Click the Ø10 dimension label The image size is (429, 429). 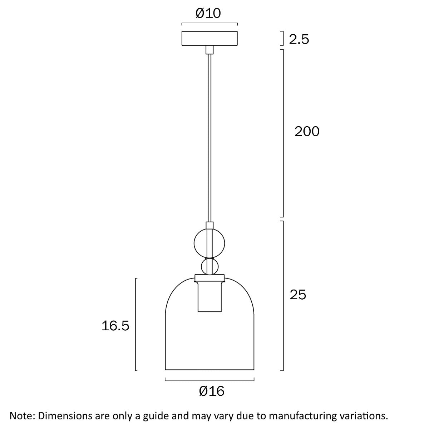click(208, 14)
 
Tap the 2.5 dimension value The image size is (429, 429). click(299, 39)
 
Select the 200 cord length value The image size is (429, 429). click(307, 132)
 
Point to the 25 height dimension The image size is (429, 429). click(298, 295)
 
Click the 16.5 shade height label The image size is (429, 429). click(115, 326)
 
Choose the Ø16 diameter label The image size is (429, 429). click(212, 391)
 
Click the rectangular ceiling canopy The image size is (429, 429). click(209, 39)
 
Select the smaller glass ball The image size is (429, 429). click(209, 266)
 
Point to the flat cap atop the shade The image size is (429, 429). click(209, 278)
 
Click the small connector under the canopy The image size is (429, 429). click(209, 49)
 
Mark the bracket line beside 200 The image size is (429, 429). click(283, 133)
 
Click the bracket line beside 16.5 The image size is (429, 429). click(136, 324)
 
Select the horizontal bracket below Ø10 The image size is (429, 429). click(209, 24)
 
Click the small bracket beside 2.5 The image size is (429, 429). click(283, 38)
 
